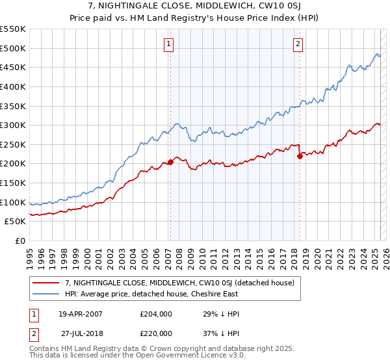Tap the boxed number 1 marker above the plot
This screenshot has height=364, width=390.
click(168, 44)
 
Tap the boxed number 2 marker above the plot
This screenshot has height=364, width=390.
click(298, 44)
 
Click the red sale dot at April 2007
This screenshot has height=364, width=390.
click(170, 162)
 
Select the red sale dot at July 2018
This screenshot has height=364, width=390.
click(300, 156)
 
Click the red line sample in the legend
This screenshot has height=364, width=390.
click(46, 283)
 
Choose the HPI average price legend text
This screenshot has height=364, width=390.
click(151, 294)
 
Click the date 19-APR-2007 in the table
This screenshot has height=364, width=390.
click(81, 314)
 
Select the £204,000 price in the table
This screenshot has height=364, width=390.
click(156, 314)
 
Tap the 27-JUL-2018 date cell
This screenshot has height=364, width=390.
click(83, 332)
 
